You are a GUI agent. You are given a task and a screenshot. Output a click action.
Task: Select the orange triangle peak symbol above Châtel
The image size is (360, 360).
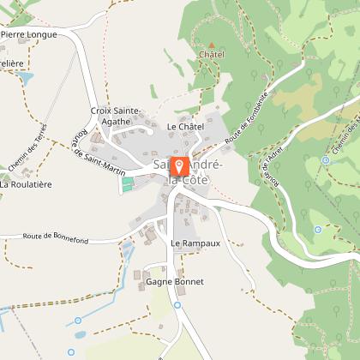click(211, 44)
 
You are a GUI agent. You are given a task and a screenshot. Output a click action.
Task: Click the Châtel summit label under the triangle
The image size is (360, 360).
click(211, 55)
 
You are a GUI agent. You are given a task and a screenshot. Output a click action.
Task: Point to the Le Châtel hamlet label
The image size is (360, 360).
click(185, 127)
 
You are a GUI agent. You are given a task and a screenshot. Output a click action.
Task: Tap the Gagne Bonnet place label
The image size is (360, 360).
click(174, 281)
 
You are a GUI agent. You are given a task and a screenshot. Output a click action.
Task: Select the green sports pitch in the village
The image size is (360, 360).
click(129, 183)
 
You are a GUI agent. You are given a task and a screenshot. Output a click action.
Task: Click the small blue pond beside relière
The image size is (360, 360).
click(25, 78)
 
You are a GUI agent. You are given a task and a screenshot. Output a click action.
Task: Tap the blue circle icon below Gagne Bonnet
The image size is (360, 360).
click(177, 304)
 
